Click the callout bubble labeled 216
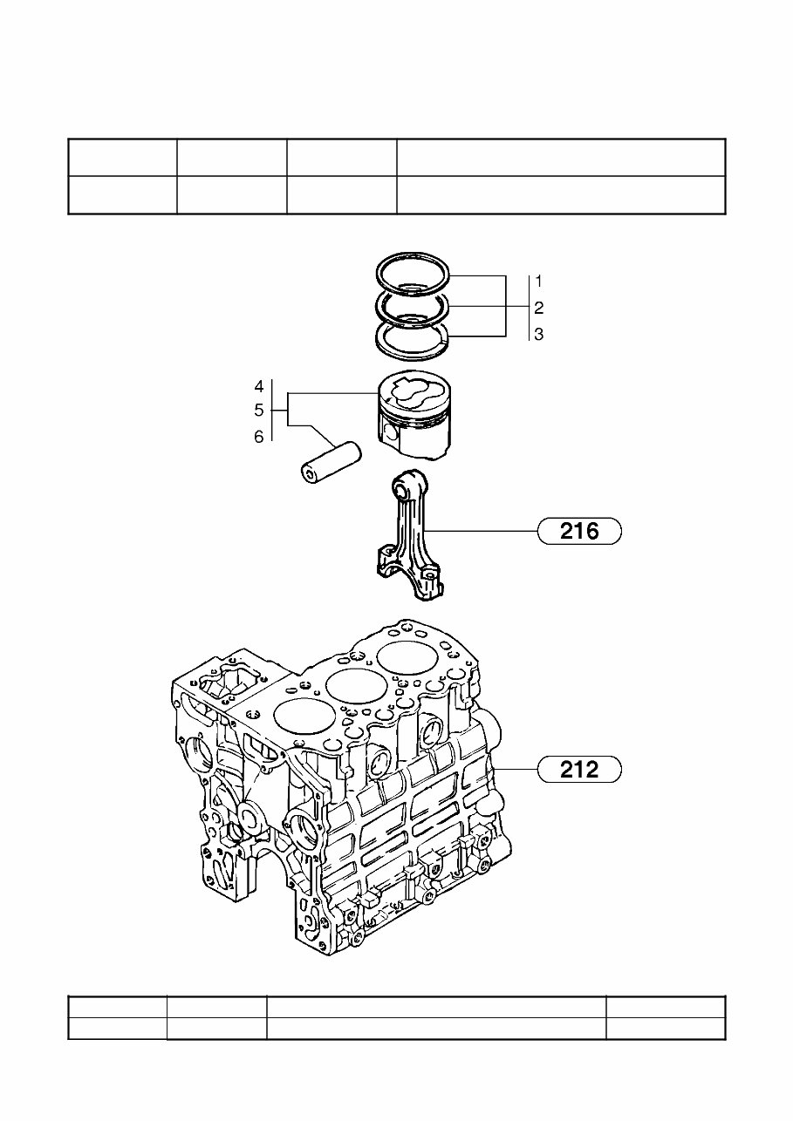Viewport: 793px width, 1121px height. [x=579, y=530]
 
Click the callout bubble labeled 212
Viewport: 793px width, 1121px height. [x=579, y=769]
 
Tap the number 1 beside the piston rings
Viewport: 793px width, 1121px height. [x=539, y=282]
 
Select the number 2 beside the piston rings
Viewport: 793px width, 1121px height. [x=539, y=308]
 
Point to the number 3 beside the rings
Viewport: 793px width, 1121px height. [x=539, y=334]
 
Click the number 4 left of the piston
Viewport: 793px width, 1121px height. [x=259, y=386]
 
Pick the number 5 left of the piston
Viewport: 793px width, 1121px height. [x=259, y=410]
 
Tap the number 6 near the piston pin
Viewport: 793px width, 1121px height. [x=259, y=437]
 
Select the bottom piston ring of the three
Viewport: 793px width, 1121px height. [x=412, y=352]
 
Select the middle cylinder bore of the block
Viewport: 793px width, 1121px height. [x=358, y=686]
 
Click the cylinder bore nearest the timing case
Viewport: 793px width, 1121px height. [x=304, y=718]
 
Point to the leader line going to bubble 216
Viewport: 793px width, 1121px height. [x=489, y=530]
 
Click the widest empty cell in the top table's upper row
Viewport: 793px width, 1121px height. [x=560, y=157]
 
